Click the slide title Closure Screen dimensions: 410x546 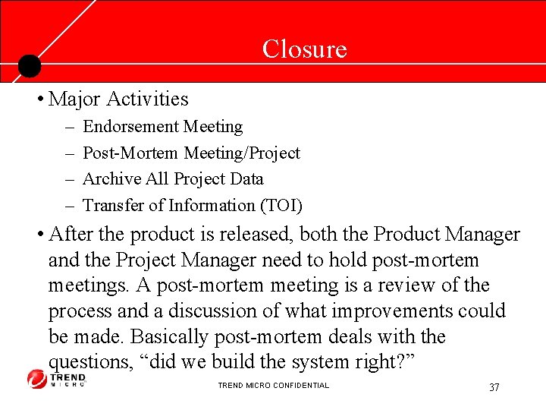(x=304, y=49)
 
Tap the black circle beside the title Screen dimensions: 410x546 (x=29, y=66)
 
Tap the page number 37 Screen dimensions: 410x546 (x=494, y=387)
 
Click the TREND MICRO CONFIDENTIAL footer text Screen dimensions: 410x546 (x=273, y=386)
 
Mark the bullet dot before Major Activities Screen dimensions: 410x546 (x=39, y=99)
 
